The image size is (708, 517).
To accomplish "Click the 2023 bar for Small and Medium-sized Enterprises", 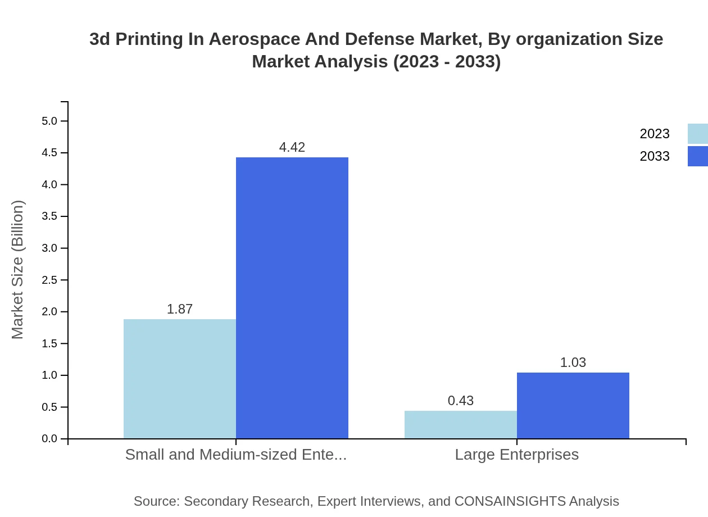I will pyautogui.click(x=180, y=379).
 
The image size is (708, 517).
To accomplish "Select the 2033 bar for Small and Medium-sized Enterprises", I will pyautogui.click(x=292, y=298).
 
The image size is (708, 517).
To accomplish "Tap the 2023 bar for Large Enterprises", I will pyautogui.click(x=461, y=424).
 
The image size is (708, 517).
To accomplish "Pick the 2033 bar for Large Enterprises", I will pyautogui.click(x=573, y=405).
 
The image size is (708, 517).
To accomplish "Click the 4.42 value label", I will pyautogui.click(x=292, y=147).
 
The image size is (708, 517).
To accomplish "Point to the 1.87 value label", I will pyautogui.click(x=180, y=309).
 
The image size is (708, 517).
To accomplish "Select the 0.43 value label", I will pyautogui.click(x=461, y=401).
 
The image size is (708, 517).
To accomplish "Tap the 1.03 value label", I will pyautogui.click(x=573, y=362).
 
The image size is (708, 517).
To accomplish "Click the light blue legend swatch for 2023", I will pyautogui.click(x=697, y=134).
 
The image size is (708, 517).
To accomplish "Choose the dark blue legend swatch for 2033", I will pyautogui.click(x=697, y=156).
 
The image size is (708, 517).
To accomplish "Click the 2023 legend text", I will pyautogui.click(x=655, y=134).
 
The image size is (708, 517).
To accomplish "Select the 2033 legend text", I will pyautogui.click(x=655, y=156).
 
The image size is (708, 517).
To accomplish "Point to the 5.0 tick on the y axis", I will pyautogui.click(x=49, y=121).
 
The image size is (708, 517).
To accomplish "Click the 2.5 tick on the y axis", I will pyautogui.click(x=49, y=280).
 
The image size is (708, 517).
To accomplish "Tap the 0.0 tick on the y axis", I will pyautogui.click(x=49, y=439).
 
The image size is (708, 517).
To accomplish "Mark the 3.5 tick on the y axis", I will pyautogui.click(x=49, y=216).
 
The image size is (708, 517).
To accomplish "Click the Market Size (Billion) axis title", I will pyautogui.click(x=17, y=270).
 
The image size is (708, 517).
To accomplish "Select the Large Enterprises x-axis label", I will pyautogui.click(x=517, y=454).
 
